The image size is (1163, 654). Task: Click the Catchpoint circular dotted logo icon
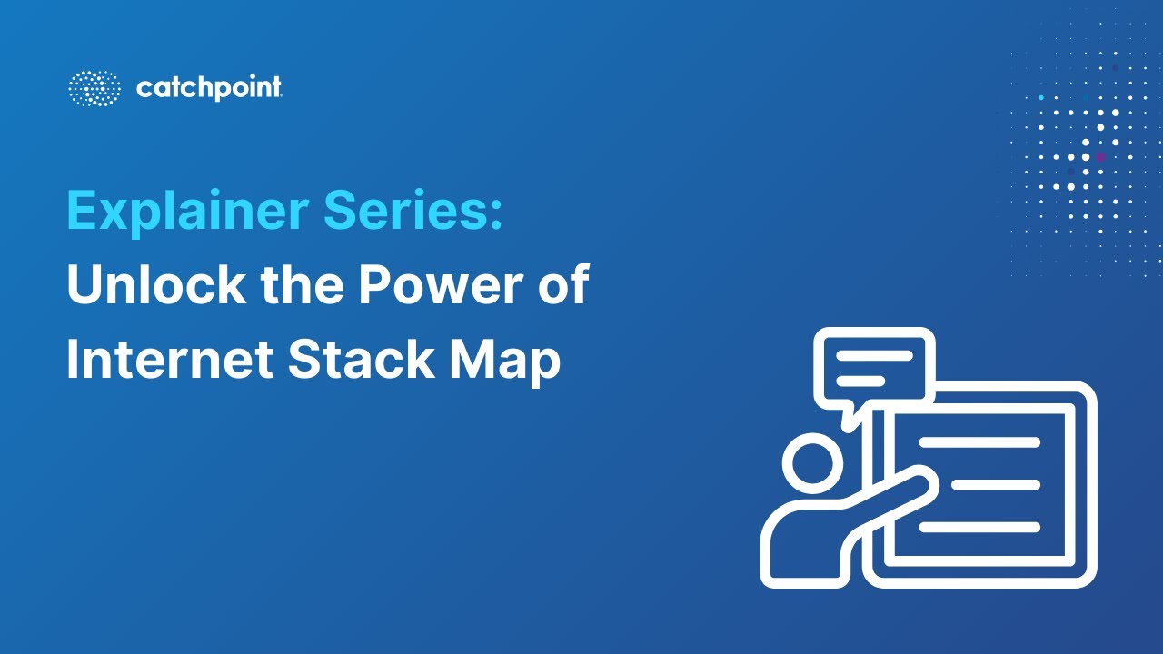click(x=94, y=88)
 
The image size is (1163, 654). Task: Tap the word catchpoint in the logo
click(x=209, y=88)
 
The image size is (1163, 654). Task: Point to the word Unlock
click(x=155, y=285)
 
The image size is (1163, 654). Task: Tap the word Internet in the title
click(x=170, y=361)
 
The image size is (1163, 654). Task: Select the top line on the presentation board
click(x=979, y=442)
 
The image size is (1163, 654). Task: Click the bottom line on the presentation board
click(x=979, y=527)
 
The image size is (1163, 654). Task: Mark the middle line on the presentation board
click(x=996, y=485)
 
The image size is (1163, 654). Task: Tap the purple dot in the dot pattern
click(x=1101, y=157)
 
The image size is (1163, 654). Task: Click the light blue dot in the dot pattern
click(x=1040, y=97)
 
